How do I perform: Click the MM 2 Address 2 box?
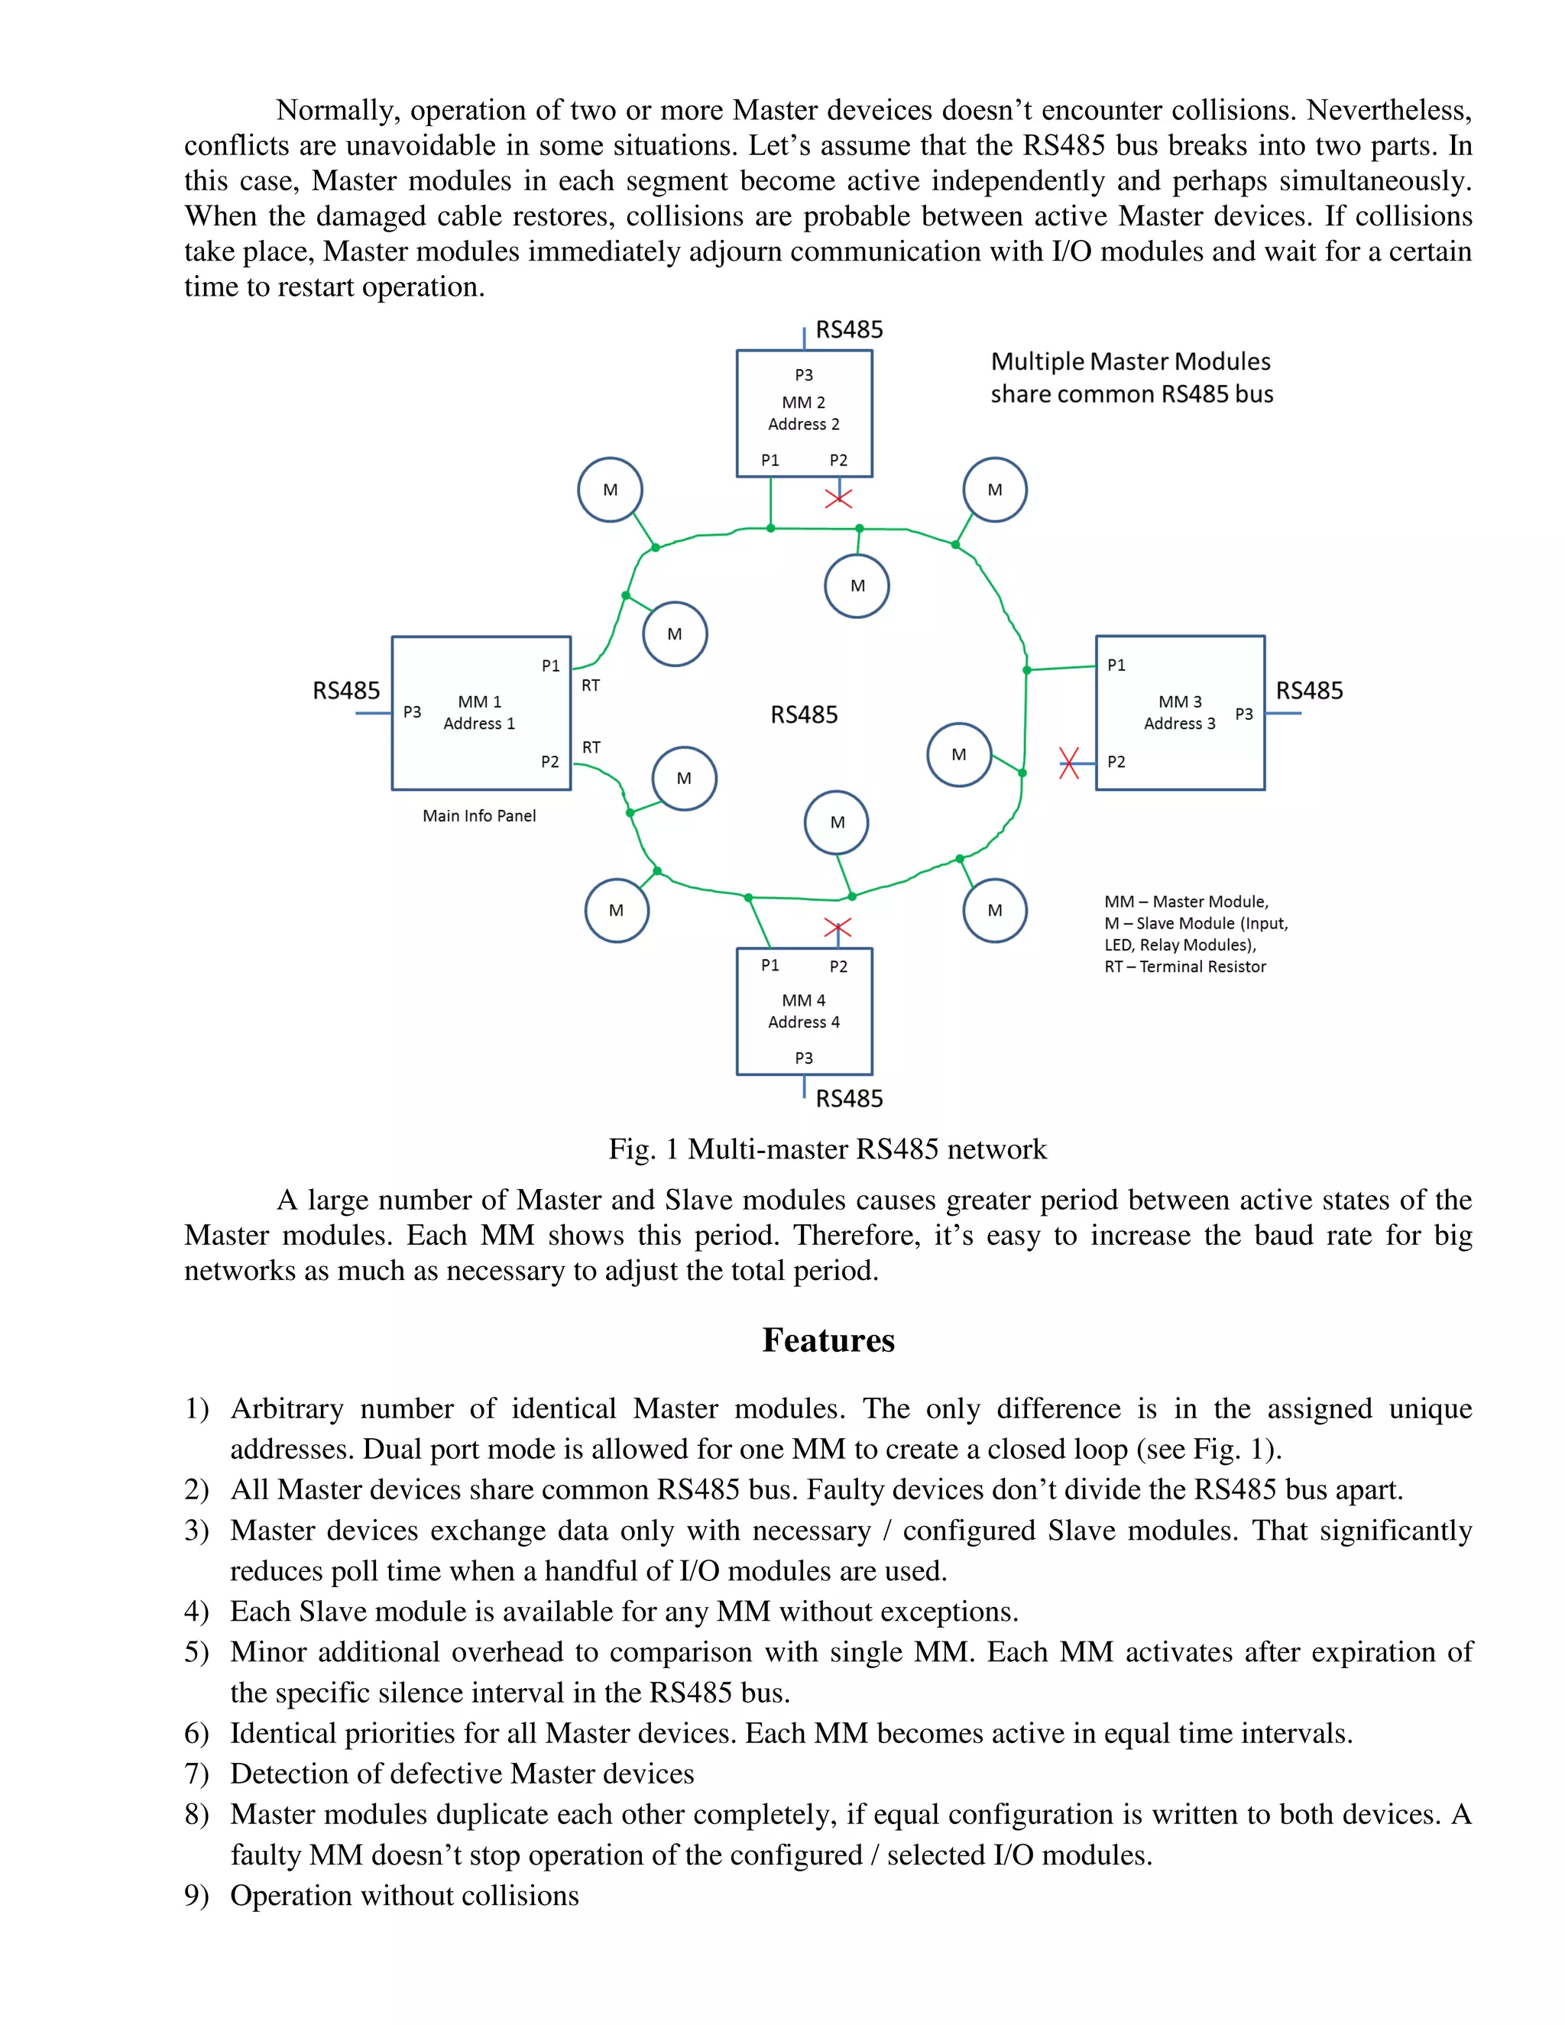804,413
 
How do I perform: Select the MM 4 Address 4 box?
804,1012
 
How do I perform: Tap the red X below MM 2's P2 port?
838,499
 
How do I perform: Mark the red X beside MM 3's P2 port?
1069,763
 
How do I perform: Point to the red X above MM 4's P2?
838,928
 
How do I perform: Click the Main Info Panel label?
479,816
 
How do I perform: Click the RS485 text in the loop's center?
804,715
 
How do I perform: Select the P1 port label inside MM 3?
1116,666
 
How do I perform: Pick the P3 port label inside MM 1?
412,712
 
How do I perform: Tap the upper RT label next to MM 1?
591,686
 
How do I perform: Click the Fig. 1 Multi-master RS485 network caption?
827,1150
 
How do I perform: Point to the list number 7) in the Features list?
196,1774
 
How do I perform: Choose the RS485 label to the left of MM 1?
346,691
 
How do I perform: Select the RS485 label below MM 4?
849,1099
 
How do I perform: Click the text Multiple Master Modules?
1130,361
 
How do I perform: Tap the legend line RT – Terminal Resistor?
1185,967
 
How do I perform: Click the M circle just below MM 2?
857,586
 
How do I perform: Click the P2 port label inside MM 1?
549,762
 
